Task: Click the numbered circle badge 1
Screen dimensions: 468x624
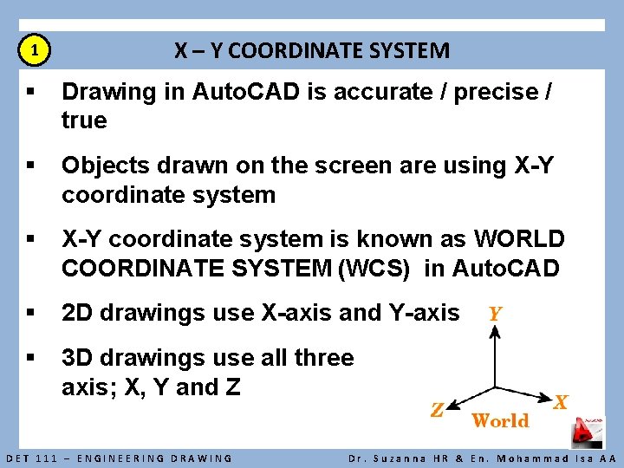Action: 34,51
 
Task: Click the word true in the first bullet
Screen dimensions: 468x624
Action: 84,120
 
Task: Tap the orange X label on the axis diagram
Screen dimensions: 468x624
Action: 562,402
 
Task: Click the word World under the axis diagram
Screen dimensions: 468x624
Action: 500,421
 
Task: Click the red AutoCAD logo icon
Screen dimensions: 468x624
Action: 590,432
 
